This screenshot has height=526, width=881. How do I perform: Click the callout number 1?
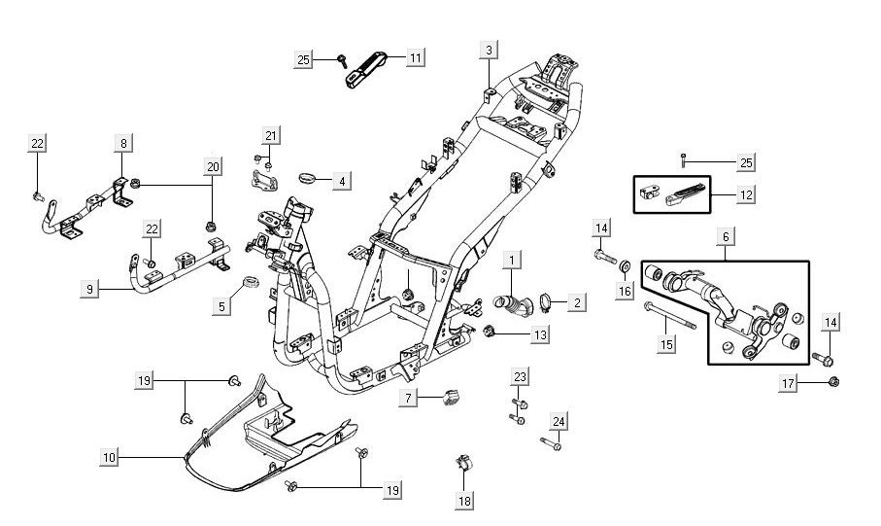[512, 261]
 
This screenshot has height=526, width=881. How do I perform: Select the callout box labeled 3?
[490, 50]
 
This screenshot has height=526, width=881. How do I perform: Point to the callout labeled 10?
[109, 455]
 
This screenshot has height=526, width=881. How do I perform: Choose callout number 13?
[539, 334]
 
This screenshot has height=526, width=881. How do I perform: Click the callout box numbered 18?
[464, 501]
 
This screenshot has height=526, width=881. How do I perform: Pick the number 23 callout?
[520, 375]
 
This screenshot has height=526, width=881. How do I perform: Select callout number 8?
[124, 144]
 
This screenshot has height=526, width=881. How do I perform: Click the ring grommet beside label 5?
[248, 283]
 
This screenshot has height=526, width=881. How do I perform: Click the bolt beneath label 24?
[552, 444]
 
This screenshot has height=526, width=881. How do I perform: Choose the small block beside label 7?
[449, 397]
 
